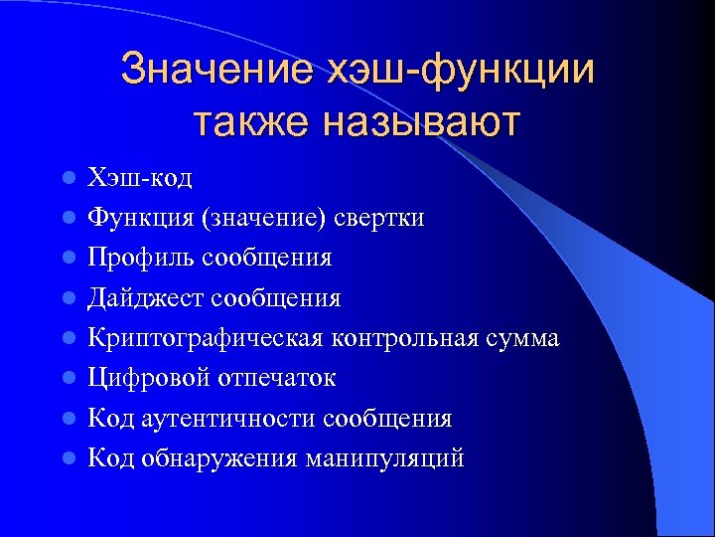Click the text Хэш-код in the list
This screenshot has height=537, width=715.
click(140, 178)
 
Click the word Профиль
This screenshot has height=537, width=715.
click(141, 258)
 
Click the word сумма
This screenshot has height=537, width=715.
click(524, 338)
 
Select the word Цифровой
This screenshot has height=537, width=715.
click(144, 378)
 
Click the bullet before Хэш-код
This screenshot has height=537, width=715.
click(67, 179)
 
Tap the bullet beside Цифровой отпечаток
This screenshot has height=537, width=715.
click(67, 379)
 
